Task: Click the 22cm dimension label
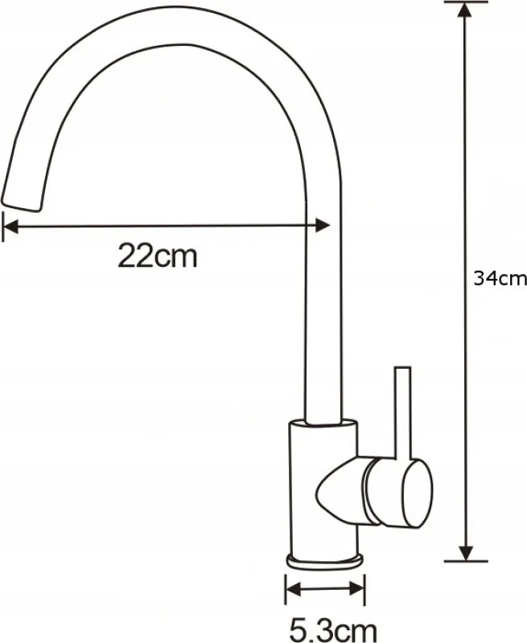coord(158,256)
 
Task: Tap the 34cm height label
coord(500,279)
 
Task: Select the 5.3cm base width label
coord(333,632)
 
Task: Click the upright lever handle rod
coord(402,412)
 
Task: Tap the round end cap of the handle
coord(418,493)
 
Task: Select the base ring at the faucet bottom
coord(325,562)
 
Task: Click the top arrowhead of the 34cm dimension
coord(465,10)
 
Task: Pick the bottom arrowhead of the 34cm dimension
coord(465,553)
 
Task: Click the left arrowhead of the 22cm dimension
coord(10,226)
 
